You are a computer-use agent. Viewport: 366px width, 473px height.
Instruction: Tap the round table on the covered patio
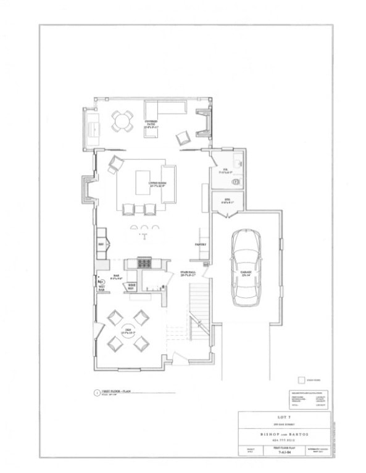tap(122, 121)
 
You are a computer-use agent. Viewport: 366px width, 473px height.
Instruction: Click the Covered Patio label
tap(151, 124)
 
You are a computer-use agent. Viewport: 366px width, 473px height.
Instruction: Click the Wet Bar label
tap(102, 287)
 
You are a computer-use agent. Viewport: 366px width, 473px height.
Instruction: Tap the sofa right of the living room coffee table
tap(169, 184)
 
